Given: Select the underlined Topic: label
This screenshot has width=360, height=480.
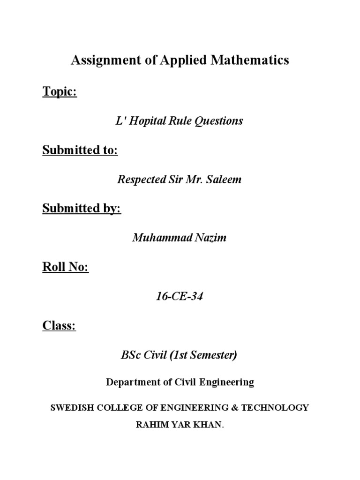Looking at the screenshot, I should pyautogui.click(x=60, y=92).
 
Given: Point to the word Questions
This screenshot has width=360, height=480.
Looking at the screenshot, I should pyautogui.click(x=219, y=121).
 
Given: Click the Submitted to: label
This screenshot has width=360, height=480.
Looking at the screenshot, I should pyautogui.click(x=80, y=150).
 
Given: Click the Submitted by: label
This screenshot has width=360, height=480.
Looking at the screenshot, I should pyautogui.click(x=82, y=209).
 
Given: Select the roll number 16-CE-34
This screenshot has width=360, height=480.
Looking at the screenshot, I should pyautogui.click(x=180, y=296).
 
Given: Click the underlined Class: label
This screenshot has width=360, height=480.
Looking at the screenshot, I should pyautogui.click(x=59, y=325).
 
